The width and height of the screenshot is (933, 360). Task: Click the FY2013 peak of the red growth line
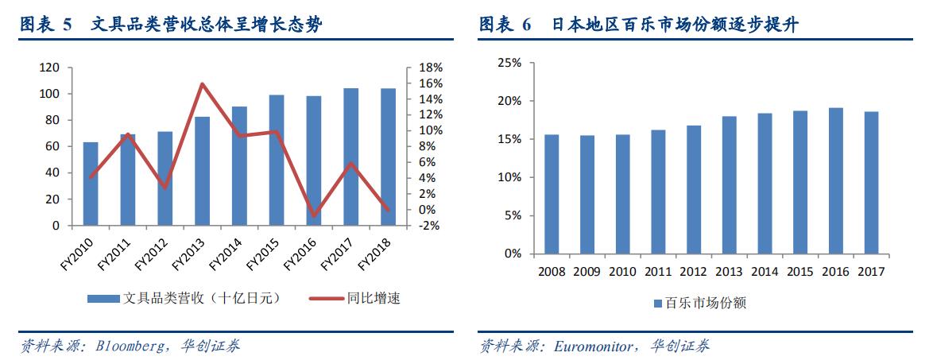pyautogui.click(x=202, y=83)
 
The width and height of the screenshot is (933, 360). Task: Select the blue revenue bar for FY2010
pyautogui.click(x=91, y=184)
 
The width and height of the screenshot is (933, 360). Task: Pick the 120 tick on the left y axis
pyautogui.click(x=50, y=68)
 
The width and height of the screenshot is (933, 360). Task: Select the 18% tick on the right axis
pyautogui.click(x=420, y=68)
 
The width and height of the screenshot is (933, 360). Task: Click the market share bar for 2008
pyautogui.click(x=552, y=194)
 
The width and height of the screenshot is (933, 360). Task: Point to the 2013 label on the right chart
pyautogui.click(x=730, y=272)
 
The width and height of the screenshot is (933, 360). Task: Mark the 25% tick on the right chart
pyautogui.click(x=509, y=63)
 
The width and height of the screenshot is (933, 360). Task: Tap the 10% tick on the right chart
pyautogui.click(x=509, y=177)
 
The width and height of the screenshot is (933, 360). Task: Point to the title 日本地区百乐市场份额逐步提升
pyautogui.click(x=676, y=25)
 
